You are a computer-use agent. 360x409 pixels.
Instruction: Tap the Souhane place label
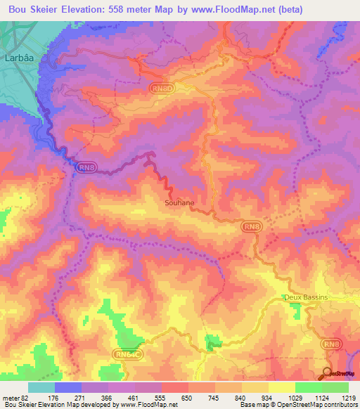179,202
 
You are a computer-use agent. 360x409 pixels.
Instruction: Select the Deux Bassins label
306,297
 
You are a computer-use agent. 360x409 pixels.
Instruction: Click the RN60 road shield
161,88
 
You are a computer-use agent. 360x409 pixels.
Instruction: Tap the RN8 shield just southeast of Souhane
252,227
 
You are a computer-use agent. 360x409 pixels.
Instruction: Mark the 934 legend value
266,398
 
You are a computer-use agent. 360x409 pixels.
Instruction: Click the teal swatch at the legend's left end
41,387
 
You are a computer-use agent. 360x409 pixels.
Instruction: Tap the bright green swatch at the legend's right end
335,387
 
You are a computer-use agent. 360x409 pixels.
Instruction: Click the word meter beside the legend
11,398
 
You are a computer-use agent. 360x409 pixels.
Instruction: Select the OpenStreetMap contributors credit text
309,405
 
